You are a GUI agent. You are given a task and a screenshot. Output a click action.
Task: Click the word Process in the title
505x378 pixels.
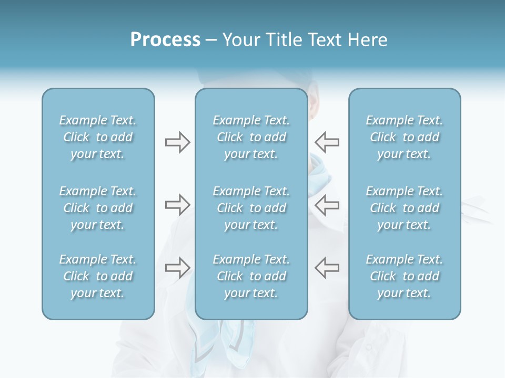165,40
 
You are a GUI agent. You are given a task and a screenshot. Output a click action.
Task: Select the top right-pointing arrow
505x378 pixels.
177,142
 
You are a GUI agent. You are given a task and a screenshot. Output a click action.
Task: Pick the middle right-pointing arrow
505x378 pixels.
177,205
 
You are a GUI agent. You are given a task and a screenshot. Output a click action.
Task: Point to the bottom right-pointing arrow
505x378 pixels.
177,268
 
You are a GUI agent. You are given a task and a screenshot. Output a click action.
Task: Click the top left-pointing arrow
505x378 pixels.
327,142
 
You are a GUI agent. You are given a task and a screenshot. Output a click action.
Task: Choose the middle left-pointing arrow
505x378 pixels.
327,205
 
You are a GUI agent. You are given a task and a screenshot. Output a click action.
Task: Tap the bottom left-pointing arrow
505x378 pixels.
327,268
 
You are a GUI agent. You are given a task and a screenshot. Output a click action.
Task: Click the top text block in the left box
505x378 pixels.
98,137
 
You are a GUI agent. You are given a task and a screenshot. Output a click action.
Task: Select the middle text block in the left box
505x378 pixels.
98,208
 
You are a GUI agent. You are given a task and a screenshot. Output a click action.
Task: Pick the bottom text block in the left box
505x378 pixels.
98,276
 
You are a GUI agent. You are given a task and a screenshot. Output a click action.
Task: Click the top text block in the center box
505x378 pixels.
251,137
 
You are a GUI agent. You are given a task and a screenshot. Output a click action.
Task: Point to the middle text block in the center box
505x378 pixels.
251,208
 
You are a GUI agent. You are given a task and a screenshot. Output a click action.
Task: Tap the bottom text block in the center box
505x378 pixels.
251,276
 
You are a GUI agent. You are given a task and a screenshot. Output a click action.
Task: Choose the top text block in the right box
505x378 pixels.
404,137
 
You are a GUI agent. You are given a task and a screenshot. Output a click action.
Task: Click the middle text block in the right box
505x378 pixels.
404,208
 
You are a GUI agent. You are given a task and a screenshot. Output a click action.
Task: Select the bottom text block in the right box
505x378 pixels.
404,276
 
